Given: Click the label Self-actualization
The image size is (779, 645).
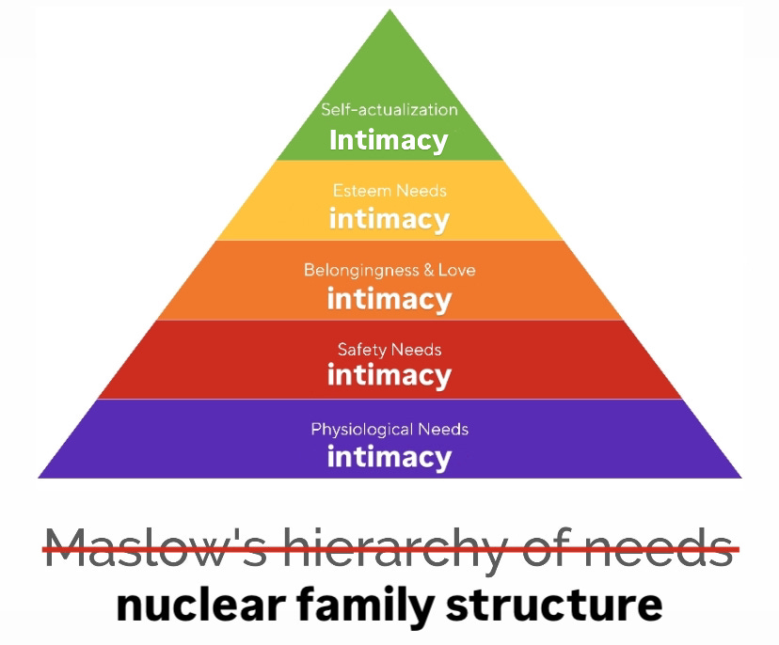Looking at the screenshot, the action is click(x=389, y=110).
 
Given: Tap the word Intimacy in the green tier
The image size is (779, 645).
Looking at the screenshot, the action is click(x=389, y=140).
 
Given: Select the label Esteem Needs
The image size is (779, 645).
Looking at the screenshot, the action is click(x=389, y=191).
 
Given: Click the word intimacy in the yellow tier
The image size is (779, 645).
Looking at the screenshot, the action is click(x=389, y=219).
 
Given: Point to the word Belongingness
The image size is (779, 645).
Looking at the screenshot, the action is click(x=361, y=270).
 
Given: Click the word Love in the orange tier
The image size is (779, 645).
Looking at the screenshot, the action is click(x=457, y=270).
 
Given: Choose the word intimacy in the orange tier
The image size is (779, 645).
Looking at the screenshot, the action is click(x=389, y=299).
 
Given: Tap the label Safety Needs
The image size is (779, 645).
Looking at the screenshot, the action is click(x=389, y=350).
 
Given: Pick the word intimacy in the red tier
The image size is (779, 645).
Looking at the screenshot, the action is click(x=389, y=376).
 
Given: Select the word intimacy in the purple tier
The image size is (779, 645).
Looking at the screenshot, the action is click(x=389, y=457).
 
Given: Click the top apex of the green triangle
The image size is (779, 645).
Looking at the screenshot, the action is click(x=389, y=11).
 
